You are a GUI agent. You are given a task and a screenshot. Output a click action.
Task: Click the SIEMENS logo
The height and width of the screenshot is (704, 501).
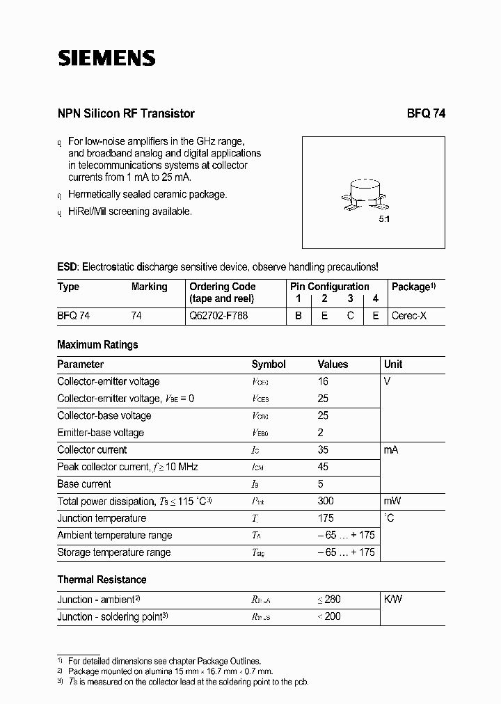(x=106, y=59)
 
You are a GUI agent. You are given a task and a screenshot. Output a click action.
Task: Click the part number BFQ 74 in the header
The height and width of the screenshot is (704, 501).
(x=426, y=113)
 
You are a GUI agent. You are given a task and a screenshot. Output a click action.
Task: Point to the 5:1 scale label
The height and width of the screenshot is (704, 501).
(x=384, y=219)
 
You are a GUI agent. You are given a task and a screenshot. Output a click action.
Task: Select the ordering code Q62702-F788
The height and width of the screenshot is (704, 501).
(x=218, y=315)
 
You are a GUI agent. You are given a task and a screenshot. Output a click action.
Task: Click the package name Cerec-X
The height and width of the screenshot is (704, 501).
(x=410, y=315)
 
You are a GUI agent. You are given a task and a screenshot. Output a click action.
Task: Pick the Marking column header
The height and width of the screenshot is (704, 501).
(x=149, y=287)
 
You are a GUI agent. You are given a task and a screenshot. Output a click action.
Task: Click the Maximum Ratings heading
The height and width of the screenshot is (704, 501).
(x=97, y=344)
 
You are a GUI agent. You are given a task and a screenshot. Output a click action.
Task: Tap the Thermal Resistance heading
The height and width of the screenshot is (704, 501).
(x=102, y=579)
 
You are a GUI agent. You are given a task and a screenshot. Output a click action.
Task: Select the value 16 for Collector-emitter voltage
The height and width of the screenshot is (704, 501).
(x=323, y=381)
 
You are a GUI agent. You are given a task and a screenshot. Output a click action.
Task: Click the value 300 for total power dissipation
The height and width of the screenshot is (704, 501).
(x=325, y=501)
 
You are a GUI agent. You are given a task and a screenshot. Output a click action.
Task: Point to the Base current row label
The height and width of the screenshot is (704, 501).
(x=84, y=484)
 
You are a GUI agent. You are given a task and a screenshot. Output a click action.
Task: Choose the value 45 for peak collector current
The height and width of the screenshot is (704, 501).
(x=323, y=467)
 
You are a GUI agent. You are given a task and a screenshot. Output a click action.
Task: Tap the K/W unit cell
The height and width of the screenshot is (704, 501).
(x=393, y=599)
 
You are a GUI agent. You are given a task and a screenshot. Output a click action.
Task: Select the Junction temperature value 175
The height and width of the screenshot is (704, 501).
(x=325, y=518)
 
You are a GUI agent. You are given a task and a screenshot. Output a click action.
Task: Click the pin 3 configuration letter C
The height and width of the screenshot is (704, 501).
(x=351, y=315)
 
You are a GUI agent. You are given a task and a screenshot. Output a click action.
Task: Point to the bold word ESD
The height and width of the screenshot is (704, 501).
(x=67, y=266)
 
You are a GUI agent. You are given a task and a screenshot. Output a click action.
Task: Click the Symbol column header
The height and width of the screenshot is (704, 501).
(x=269, y=364)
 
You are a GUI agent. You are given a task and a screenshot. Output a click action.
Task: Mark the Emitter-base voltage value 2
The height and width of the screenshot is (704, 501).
(x=320, y=433)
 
